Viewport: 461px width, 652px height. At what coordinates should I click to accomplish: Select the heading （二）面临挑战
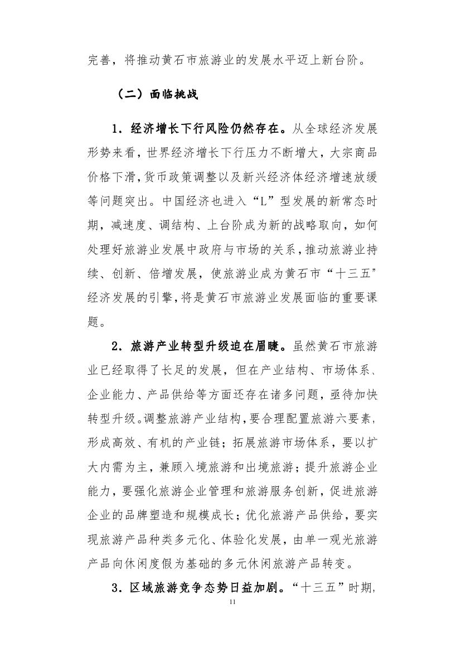156,94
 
